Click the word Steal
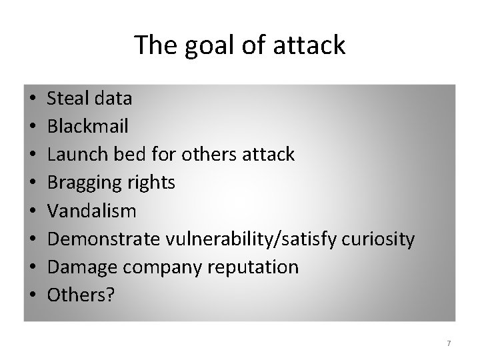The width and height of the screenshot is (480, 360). pyautogui.click(x=69, y=99)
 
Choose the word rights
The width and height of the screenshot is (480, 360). pyautogui.click(x=151, y=183)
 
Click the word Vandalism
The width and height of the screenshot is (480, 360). pyautogui.click(x=91, y=211)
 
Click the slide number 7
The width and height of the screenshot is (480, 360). pyautogui.click(x=449, y=343)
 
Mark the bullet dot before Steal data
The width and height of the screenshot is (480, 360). pyautogui.click(x=33, y=99)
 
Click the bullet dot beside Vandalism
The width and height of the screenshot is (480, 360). pyautogui.click(x=33, y=212)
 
